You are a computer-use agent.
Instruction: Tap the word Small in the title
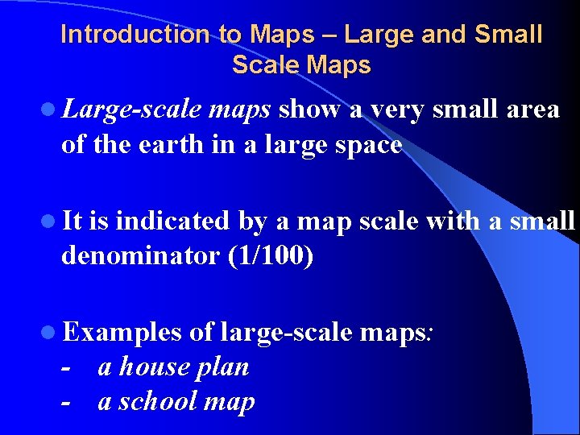tap(511, 35)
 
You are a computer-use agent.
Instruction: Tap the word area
tap(530, 110)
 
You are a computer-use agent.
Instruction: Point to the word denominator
tap(140, 256)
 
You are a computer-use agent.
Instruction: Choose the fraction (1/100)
tap(270, 256)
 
